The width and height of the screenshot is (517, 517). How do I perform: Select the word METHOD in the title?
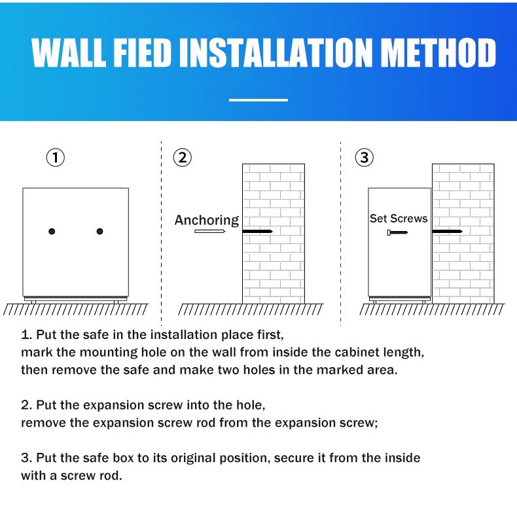pos(440,52)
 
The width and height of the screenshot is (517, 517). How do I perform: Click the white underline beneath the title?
pos(258,100)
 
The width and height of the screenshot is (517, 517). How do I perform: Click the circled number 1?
pos(56,158)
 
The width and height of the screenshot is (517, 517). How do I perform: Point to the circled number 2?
pos(183,158)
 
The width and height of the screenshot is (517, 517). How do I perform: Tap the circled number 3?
pos(365,157)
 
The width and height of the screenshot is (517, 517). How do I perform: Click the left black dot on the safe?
pos(52,231)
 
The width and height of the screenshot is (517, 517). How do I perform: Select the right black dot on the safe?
pos(100,231)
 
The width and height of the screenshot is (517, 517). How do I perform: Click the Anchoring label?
pos(207,220)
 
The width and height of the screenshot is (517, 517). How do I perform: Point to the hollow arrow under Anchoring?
pos(209,231)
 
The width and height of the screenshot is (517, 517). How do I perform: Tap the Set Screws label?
pos(399,219)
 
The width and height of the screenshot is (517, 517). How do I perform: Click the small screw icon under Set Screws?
pos(398,232)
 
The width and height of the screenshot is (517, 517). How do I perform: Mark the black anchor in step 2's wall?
pos(257,232)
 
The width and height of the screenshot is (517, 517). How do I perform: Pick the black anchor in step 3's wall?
pos(448,232)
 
